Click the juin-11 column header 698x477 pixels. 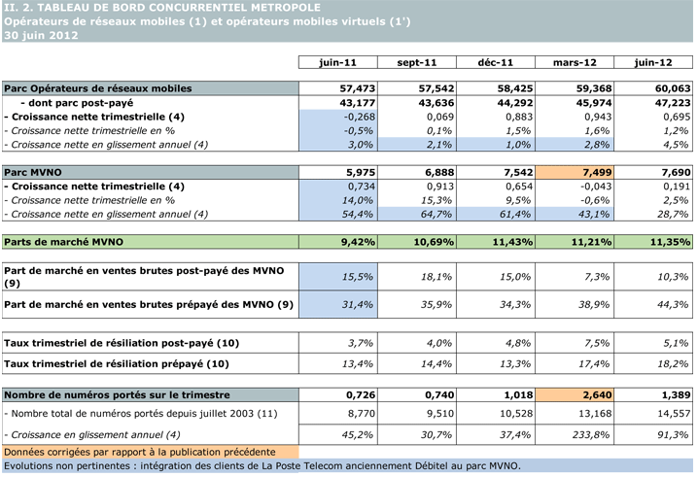pos(337,62)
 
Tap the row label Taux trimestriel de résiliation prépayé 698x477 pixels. pos(117,364)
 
